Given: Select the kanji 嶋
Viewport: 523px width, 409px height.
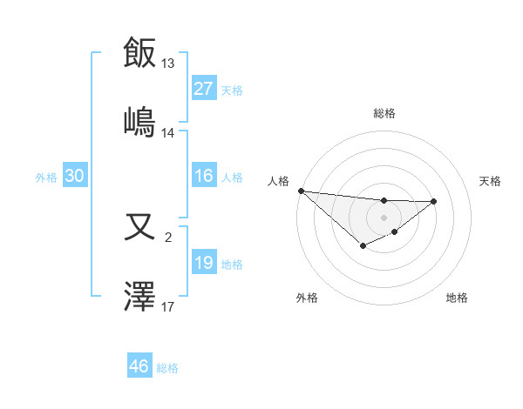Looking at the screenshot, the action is point(140,121).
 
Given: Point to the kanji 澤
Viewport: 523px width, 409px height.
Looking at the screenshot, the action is point(140,297).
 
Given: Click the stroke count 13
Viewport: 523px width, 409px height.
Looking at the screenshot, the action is point(168,64).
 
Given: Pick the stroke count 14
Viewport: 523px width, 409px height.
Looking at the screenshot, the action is point(168,133).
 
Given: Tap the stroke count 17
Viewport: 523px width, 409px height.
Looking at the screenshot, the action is point(168,307).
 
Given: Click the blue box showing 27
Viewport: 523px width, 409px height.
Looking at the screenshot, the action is point(204,89).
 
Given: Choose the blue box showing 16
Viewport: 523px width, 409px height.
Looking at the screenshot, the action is point(204,177).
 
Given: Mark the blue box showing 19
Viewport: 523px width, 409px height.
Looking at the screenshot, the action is point(204,263).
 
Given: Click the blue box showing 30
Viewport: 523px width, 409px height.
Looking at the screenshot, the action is point(74,177).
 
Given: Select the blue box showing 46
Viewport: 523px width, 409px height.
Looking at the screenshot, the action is point(139,366).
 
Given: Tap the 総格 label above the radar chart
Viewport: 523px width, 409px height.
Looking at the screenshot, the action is point(384,113).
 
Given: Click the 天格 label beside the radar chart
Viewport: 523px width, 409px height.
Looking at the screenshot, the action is point(491,181).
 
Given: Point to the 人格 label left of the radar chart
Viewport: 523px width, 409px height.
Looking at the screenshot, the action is point(278,181).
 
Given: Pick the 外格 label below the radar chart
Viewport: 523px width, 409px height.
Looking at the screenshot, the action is point(307,298).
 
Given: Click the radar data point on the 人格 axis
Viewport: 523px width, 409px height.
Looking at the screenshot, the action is point(301,191).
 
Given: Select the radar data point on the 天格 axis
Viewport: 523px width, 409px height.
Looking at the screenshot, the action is point(434,201).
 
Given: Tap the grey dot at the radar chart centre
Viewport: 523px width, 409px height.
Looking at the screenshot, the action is point(384,217).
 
